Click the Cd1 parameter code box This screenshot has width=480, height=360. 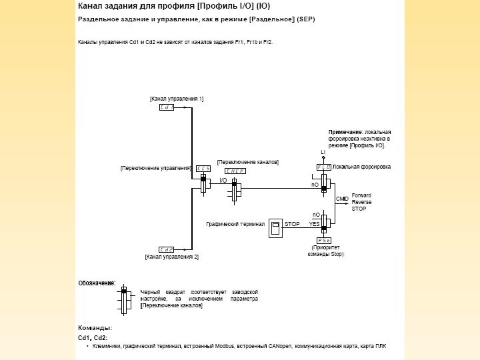(167, 107)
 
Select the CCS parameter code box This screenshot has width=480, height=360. (203, 169)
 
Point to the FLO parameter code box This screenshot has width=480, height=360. (324, 167)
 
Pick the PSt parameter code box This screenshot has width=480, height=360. (324, 239)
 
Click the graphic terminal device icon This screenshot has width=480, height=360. (275, 229)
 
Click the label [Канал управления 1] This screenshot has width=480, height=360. (176, 99)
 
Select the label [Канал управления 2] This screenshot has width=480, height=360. (171, 257)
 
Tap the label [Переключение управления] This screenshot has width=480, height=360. (156, 169)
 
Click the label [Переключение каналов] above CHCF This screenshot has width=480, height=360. (248, 162)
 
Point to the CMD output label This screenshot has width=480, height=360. (342, 199)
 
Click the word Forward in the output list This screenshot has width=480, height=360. (362, 195)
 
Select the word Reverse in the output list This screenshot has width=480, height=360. (362, 201)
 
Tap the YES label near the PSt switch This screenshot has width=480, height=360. (315, 224)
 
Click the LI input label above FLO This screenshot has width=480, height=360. (323, 153)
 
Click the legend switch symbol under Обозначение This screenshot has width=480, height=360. (123, 297)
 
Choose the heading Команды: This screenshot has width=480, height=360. (95, 328)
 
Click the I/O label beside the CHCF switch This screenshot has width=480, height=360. (223, 180)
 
